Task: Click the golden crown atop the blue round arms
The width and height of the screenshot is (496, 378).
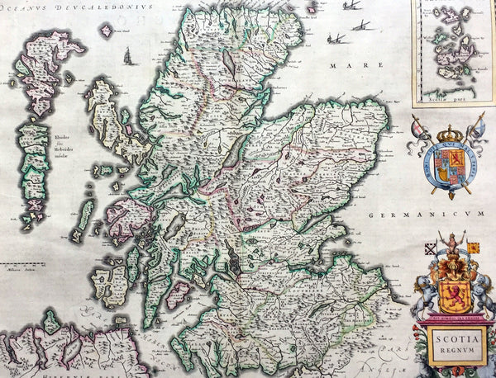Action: [x=451, y=133]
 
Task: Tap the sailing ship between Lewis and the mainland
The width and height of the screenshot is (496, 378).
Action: [x=129, y=56]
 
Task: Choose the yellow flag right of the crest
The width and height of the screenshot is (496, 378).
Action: [x=473, y=247]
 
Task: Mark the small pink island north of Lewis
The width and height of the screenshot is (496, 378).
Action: [x=106, y=31]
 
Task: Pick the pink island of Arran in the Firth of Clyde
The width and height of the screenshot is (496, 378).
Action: [x=177, y=293]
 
